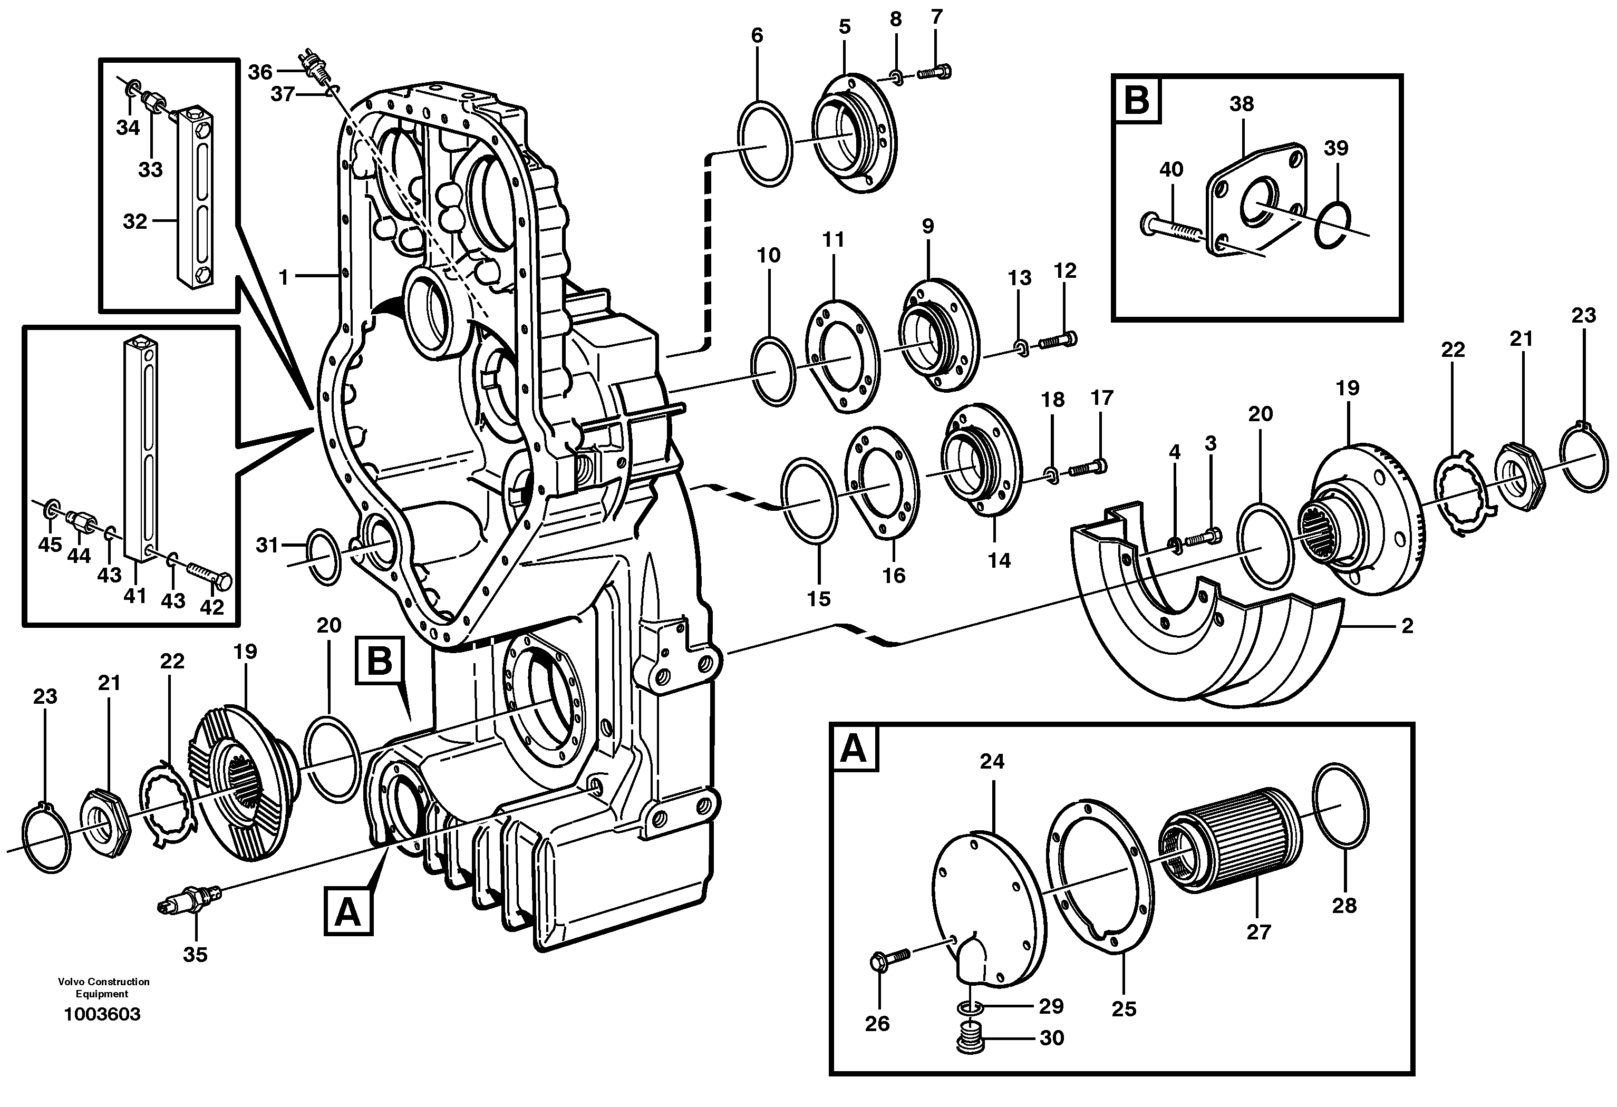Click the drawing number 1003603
coord(102,1014)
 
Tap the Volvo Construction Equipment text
coord(104,987)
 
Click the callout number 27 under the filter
coord(1258,931)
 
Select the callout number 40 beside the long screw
coord(1171,170)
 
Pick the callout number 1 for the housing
coord(283,277)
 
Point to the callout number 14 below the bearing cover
coord(999,560)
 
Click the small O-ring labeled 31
coord(323,557)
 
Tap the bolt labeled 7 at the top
coord(934,71)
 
